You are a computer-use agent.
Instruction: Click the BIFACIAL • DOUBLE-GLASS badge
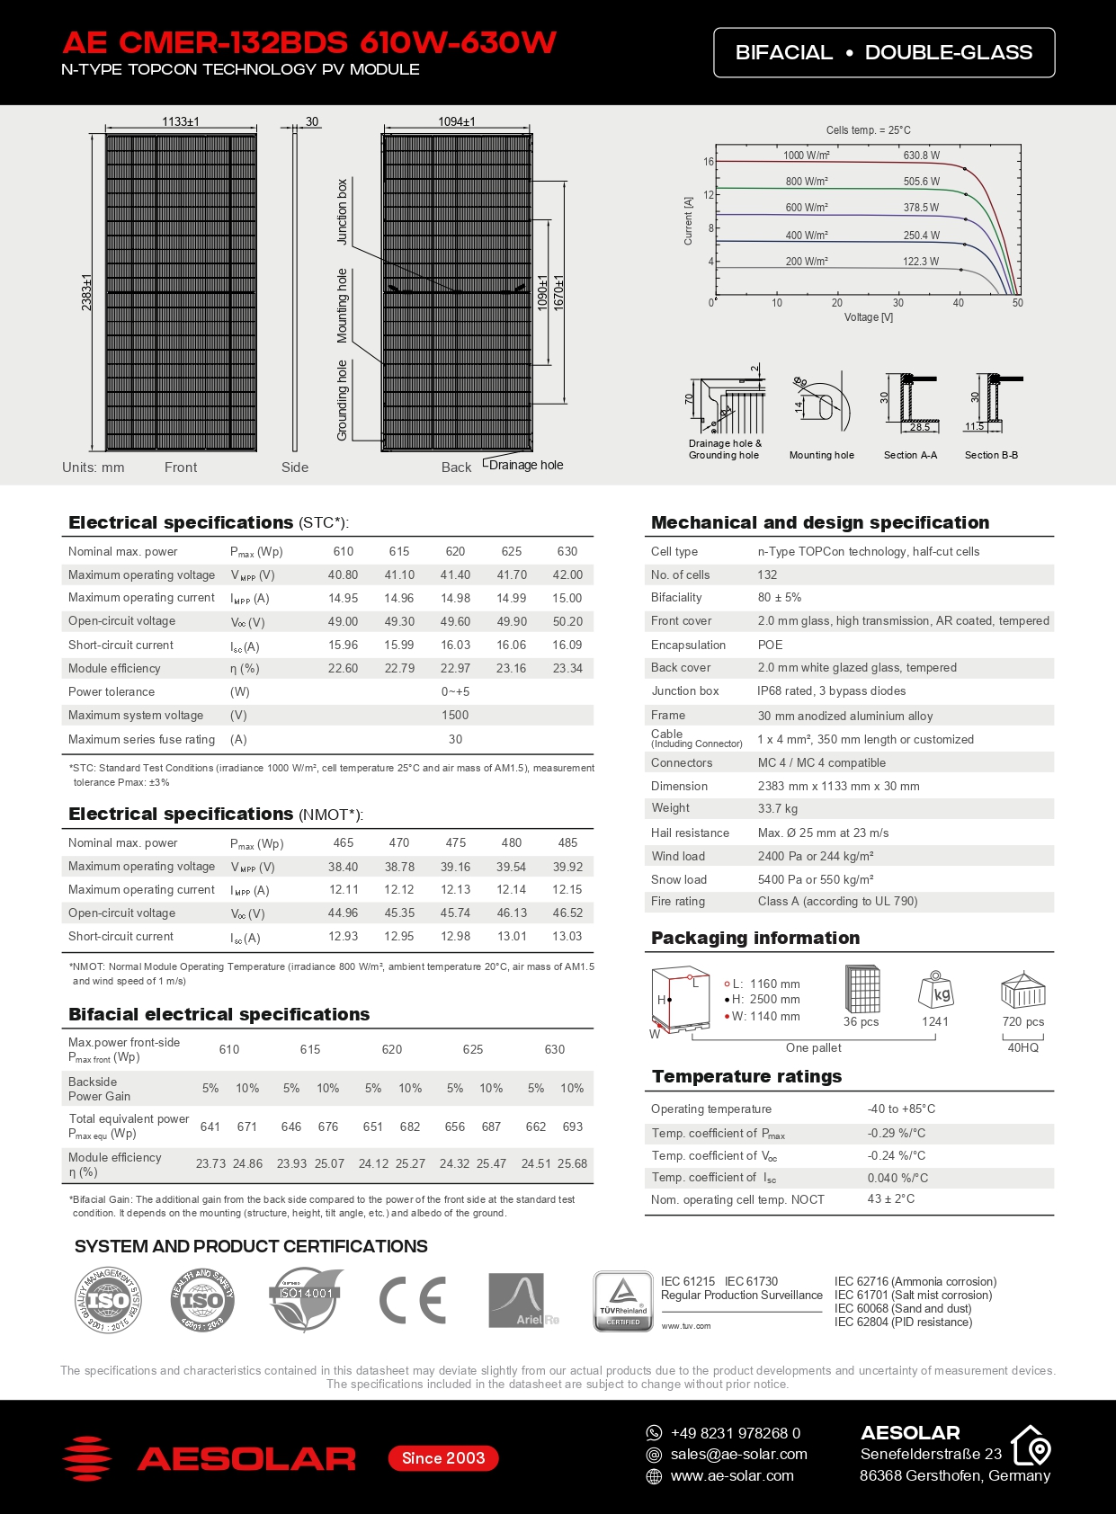coord(883,53)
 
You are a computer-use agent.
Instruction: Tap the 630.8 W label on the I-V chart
coord(921,156)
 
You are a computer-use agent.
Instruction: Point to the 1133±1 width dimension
coord(181,121)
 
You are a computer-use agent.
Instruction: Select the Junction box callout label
coord(342,212)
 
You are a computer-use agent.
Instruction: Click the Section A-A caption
coord(910,455)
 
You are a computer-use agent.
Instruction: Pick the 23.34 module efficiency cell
coord(567,669)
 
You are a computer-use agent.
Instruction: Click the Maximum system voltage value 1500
coord(455,716)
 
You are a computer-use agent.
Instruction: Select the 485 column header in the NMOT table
coord(567,843)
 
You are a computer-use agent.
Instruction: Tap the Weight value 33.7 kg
coord(777,809)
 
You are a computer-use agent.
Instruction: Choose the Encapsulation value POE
coord(770,646)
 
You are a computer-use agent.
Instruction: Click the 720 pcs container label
coord(1023,1022)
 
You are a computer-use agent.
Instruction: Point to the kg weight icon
coord(936,991)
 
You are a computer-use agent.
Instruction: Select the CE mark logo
coord(413,1300)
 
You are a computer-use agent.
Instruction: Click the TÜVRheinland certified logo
coord(623,1300)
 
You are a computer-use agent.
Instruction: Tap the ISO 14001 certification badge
coord(306,1298)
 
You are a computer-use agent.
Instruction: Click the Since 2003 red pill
coord(443,1458)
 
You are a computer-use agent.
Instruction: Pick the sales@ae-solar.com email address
coord(738,1455)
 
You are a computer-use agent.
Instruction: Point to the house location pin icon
coord(1031,1447)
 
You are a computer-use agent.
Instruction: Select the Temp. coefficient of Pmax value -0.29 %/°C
coord(896,1134)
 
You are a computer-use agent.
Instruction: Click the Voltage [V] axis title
coord(868,317)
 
